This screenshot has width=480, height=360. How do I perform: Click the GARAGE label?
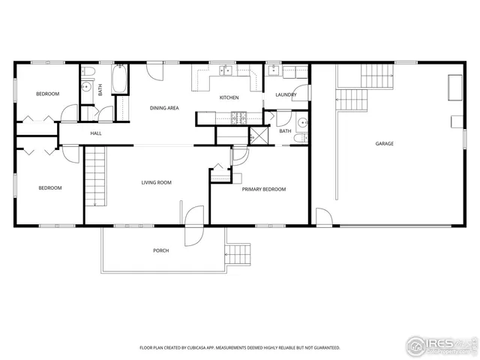tap(385, 143)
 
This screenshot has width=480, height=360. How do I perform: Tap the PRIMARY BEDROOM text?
tap(263, 189)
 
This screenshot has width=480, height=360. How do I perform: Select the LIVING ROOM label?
tap(157, 182)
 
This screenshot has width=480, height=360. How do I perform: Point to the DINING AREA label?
tap(164, 108)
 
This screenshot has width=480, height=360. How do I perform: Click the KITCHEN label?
tap(229, 98)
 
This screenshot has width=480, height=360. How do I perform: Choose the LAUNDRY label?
tap(286, 94)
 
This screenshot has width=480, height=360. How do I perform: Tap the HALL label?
tap(96, 133)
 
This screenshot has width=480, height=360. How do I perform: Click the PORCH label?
tap(160, 250)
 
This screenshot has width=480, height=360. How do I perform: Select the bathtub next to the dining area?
tap(120, 80)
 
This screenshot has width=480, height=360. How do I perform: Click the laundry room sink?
tap(274, 72)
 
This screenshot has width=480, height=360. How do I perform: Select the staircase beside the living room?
tap(95, 176)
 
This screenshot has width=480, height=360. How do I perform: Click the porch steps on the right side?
tap(238, 253)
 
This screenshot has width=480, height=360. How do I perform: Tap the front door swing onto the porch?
tap(193, 222)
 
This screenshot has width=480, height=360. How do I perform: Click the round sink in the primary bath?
tap(301, 122)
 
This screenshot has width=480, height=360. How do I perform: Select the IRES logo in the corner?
tap(442, 345)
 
